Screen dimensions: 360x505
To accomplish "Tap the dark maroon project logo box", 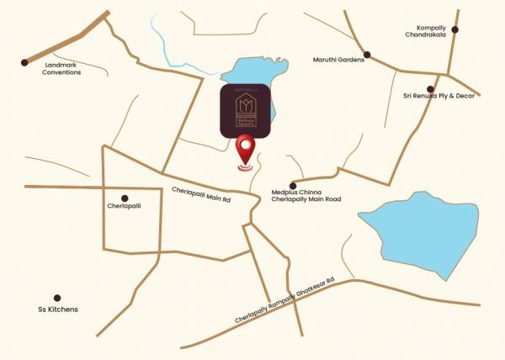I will coord(246,110).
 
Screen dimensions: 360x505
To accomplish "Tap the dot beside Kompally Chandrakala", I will coord(454,29).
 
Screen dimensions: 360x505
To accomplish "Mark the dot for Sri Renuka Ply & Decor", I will coord(430,88).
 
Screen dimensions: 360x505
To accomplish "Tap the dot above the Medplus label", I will coord(293,185).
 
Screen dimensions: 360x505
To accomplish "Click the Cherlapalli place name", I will coord(125,205).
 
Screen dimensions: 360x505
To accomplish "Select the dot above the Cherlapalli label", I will coord(125,198).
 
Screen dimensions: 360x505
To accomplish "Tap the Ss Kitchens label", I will coord(57,309).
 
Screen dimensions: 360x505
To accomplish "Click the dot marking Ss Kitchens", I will coord(57,298).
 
